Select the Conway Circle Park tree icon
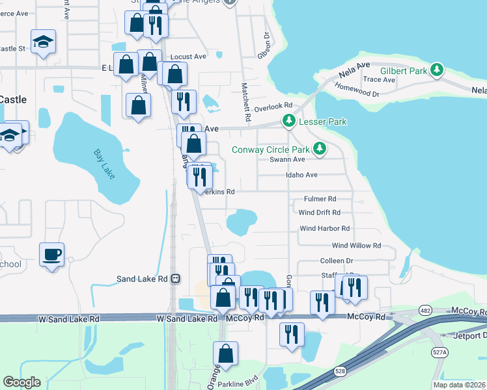point(319,149)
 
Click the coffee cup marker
point(51,253)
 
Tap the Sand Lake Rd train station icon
point(175,279)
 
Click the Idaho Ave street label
point(301,175)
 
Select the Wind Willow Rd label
point(356,246)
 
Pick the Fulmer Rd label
point(320,199)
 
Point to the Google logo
point(21,382)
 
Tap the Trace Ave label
point(379,80)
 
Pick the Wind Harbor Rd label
point(324,229)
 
